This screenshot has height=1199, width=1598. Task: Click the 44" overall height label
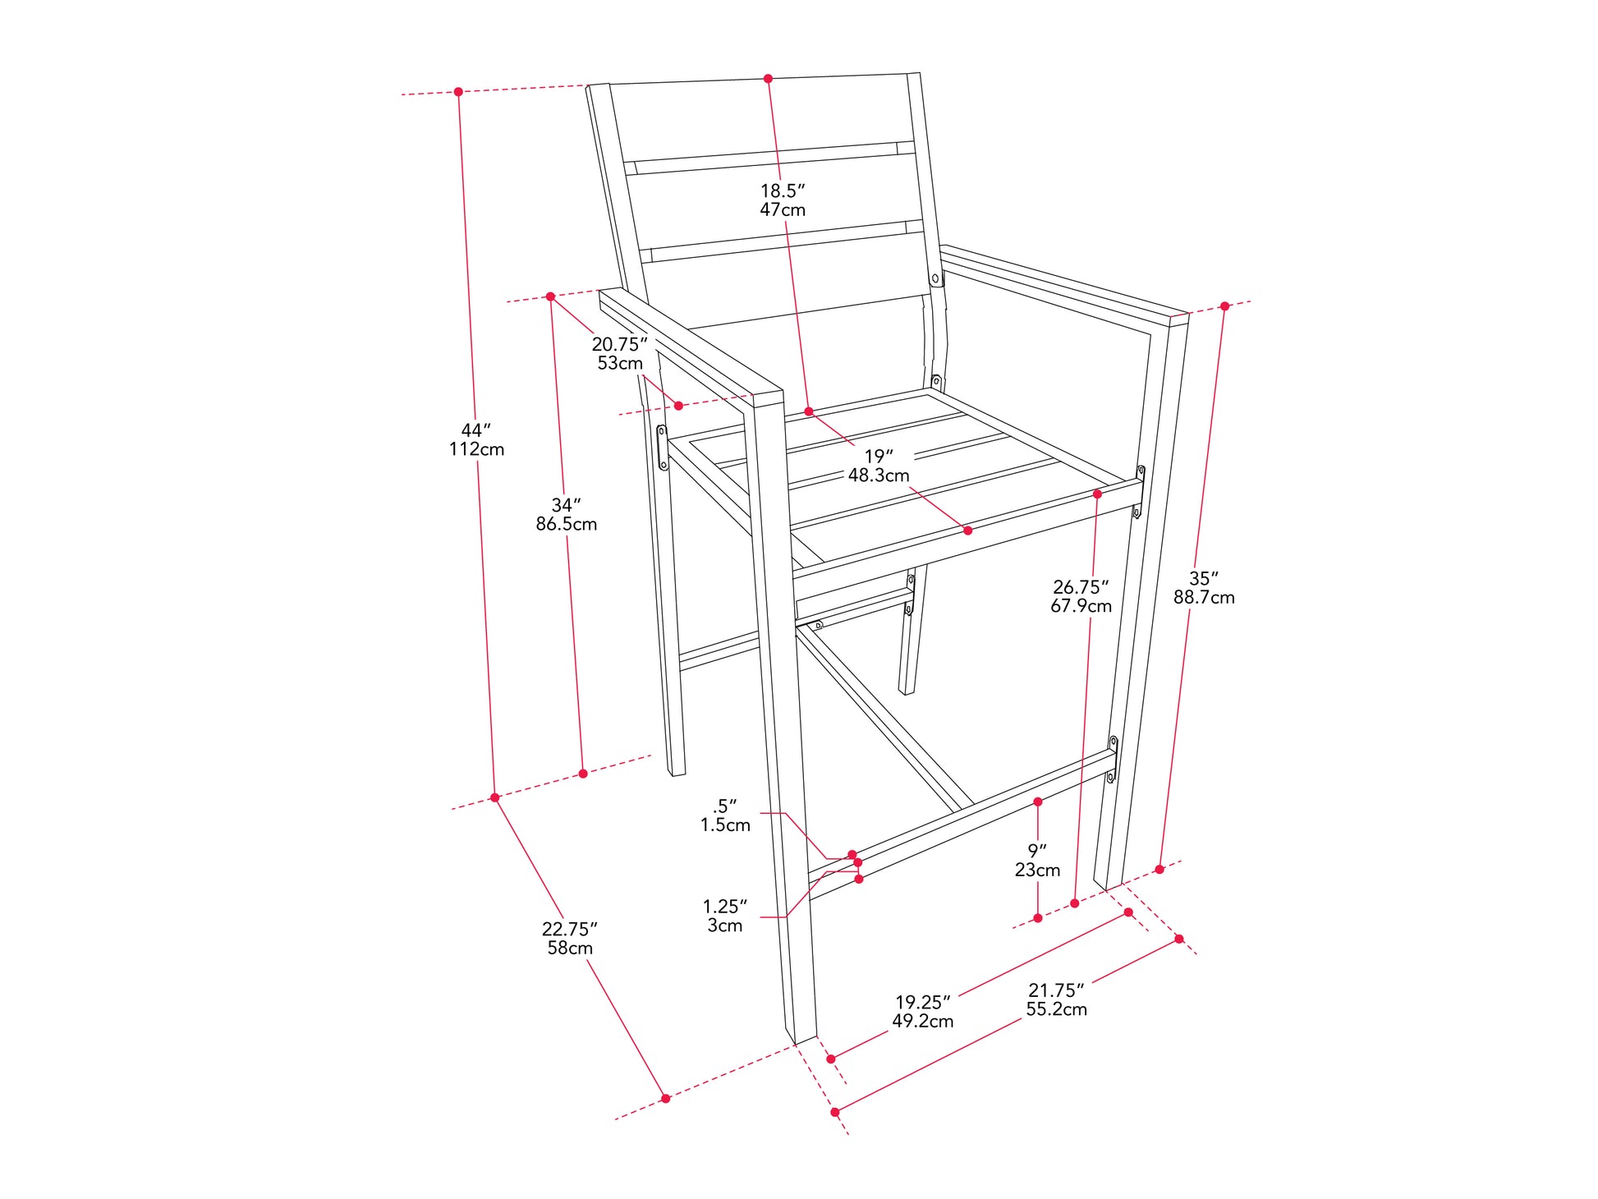tap(475, 430)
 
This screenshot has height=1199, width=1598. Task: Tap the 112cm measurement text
tap(476, 449)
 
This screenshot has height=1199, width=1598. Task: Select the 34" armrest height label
tap(566, 505)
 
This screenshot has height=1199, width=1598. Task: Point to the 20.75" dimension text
tap(620, 344)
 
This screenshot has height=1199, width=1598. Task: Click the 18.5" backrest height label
tap(782, 191)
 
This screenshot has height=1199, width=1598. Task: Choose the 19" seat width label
tap(878, 456)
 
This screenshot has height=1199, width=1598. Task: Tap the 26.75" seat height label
tap(1081, 587)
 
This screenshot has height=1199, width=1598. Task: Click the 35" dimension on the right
tap(1204, 578)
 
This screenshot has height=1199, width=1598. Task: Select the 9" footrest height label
tap(1037, 851)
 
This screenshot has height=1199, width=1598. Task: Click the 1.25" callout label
tap(725, 907)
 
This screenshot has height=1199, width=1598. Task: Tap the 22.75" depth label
tap(569, 929)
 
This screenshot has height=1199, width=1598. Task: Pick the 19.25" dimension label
tap(922, 1002)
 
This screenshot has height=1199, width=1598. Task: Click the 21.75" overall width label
tap(1056, 990)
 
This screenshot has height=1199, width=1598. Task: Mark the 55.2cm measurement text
tap(1056, 1009)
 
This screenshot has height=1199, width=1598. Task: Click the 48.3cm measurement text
tap(879, 475)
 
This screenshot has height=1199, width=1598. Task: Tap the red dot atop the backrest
tap(769, 79)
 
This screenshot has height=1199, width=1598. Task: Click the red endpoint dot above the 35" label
tap(1224, 306)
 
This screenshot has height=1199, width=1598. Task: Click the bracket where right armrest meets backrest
tap(935, 278)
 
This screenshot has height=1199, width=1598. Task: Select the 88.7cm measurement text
tap(1204, 597)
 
